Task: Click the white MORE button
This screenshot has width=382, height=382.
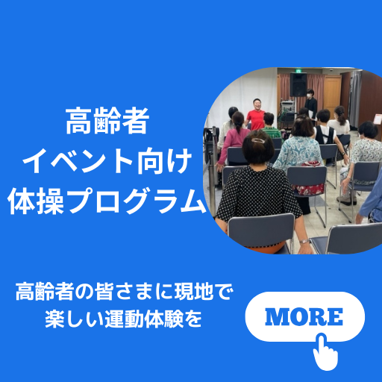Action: pyautogui.click(x=305, y=316)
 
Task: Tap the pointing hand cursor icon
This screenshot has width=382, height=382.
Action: pyautogui.click(x=325, y=351)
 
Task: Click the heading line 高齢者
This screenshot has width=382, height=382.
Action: pyautogui.click(x=107, y=121)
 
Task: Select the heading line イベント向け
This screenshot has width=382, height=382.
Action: pyautogui.click(x=107, y=161)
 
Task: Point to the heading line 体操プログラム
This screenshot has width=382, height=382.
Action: pyautogui.click(x=107, y=201)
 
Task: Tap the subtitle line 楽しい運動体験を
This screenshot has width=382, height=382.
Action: pyautogui.click(x=124, y=319)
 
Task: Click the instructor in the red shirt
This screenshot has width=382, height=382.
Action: pyautogui.click(x=255, y=114)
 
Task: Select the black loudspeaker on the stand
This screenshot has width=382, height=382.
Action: pyautogui.click(x=298, y=84)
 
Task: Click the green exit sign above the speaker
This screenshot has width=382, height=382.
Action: pyautogui.click(x=298, y=71)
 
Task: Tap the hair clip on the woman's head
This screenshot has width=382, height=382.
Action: pyautogui.click(x=259, y=140)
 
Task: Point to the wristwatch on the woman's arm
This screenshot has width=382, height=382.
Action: pyautogui.click(x=304, y=241)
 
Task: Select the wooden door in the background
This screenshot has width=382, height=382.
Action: pyautogui.click(x=332, y=93)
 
